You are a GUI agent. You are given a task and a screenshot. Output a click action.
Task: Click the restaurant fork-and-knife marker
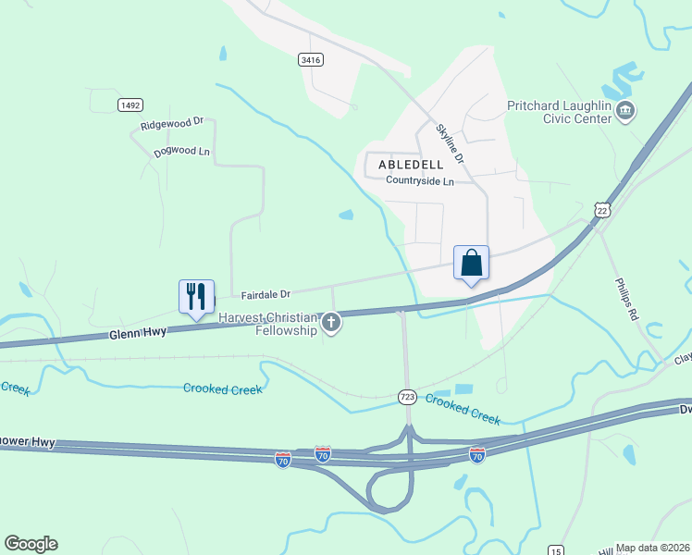[x=196, y=297]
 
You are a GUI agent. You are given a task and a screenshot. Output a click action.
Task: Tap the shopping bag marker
[x=471, y=263]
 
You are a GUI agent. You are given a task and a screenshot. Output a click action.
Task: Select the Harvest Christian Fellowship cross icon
[x=331, y=323]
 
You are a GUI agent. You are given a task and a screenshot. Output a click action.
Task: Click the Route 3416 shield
[x=311, y=59]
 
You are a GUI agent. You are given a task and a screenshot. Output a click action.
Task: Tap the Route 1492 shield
[x=130, y=105]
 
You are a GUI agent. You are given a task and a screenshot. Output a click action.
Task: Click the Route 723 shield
[x=407, y=396]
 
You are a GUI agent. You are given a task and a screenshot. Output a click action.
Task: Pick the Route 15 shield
[x=555, y=550]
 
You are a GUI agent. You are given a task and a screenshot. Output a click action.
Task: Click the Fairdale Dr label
[x=266, y=295]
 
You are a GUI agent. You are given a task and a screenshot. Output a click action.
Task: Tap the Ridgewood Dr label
[x=172, y=123]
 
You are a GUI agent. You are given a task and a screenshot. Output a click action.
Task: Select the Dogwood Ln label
[x=179, y=151]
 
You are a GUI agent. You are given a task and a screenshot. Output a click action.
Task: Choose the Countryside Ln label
[x=420, y=181]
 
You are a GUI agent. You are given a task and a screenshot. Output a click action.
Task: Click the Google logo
[x=31, y=544]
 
